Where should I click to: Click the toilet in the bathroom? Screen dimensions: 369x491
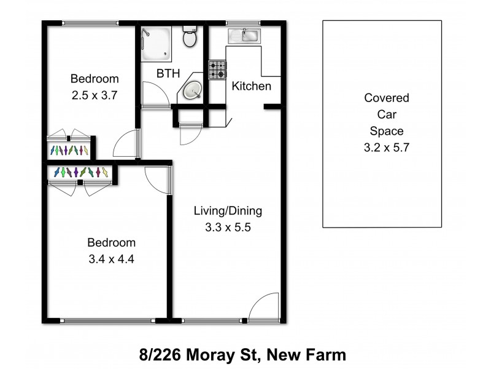190,38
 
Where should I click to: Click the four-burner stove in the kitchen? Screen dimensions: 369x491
217,69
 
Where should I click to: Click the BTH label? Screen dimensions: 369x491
168,74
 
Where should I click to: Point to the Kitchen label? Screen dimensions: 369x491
251,86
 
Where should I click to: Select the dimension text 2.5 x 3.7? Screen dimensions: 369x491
94,95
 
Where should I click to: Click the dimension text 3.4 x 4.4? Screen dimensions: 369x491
111,259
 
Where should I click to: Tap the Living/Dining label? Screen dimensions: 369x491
228,211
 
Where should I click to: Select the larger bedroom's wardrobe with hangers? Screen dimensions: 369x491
80,173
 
